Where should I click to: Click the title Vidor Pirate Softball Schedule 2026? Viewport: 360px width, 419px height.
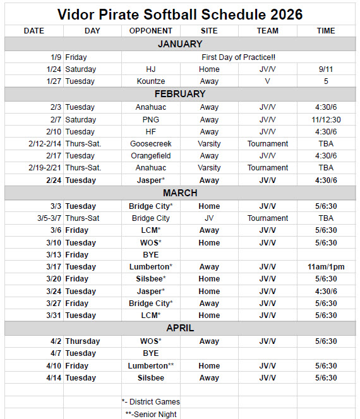(x=180, y=14)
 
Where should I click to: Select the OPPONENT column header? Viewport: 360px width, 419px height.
(x=150, y=31)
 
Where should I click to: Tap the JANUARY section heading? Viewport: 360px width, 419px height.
(x=180, y=44)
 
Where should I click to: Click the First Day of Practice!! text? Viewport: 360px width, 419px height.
(x=239, y=57)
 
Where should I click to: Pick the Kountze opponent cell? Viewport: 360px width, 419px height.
(x=150, y=81)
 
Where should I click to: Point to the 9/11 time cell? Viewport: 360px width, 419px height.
(x=326, y=69)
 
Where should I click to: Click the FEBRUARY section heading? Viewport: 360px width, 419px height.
(x=180, y=94)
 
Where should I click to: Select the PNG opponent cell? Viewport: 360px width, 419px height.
(x=150, y=120)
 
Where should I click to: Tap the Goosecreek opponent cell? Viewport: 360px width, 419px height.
(x=150, y=144)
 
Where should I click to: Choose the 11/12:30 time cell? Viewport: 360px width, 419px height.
(x=326, y=120)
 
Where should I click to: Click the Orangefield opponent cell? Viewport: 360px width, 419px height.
(x=150, y=156)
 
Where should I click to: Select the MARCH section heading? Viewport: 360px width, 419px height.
(x=180, y=193)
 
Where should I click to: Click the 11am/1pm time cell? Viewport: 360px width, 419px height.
(x=326, y=267)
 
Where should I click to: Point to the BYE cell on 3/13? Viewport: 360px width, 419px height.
(x=150, y=255)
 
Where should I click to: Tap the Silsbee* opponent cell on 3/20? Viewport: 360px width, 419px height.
(x=150, y=279)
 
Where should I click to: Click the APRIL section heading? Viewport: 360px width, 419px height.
(x=180, y=328)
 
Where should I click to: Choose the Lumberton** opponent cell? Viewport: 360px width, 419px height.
(x=150, y=366)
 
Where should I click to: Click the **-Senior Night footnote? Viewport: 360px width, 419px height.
(x=150, y=414)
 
